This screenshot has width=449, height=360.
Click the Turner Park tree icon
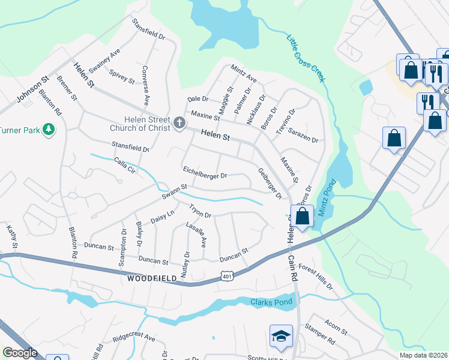click(x=49, y=130)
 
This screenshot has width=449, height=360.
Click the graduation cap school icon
click(x=280, y=337)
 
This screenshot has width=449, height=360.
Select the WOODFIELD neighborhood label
click(x=151, y=278)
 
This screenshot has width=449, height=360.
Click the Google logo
click(x=20, y=353)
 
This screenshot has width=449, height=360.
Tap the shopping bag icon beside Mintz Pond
click(x=303, y=217)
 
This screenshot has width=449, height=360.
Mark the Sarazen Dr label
click(x=303, y=135)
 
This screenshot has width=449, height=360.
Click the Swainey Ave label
click(x=104, y=61)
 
